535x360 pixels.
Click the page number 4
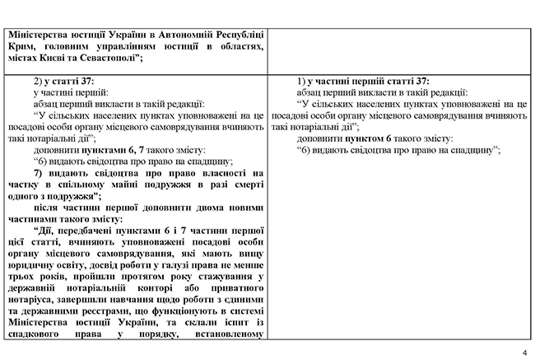tap(523, 352)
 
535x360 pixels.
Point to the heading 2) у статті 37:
tap(64, 83)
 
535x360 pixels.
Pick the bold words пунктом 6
tap(379, 139)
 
